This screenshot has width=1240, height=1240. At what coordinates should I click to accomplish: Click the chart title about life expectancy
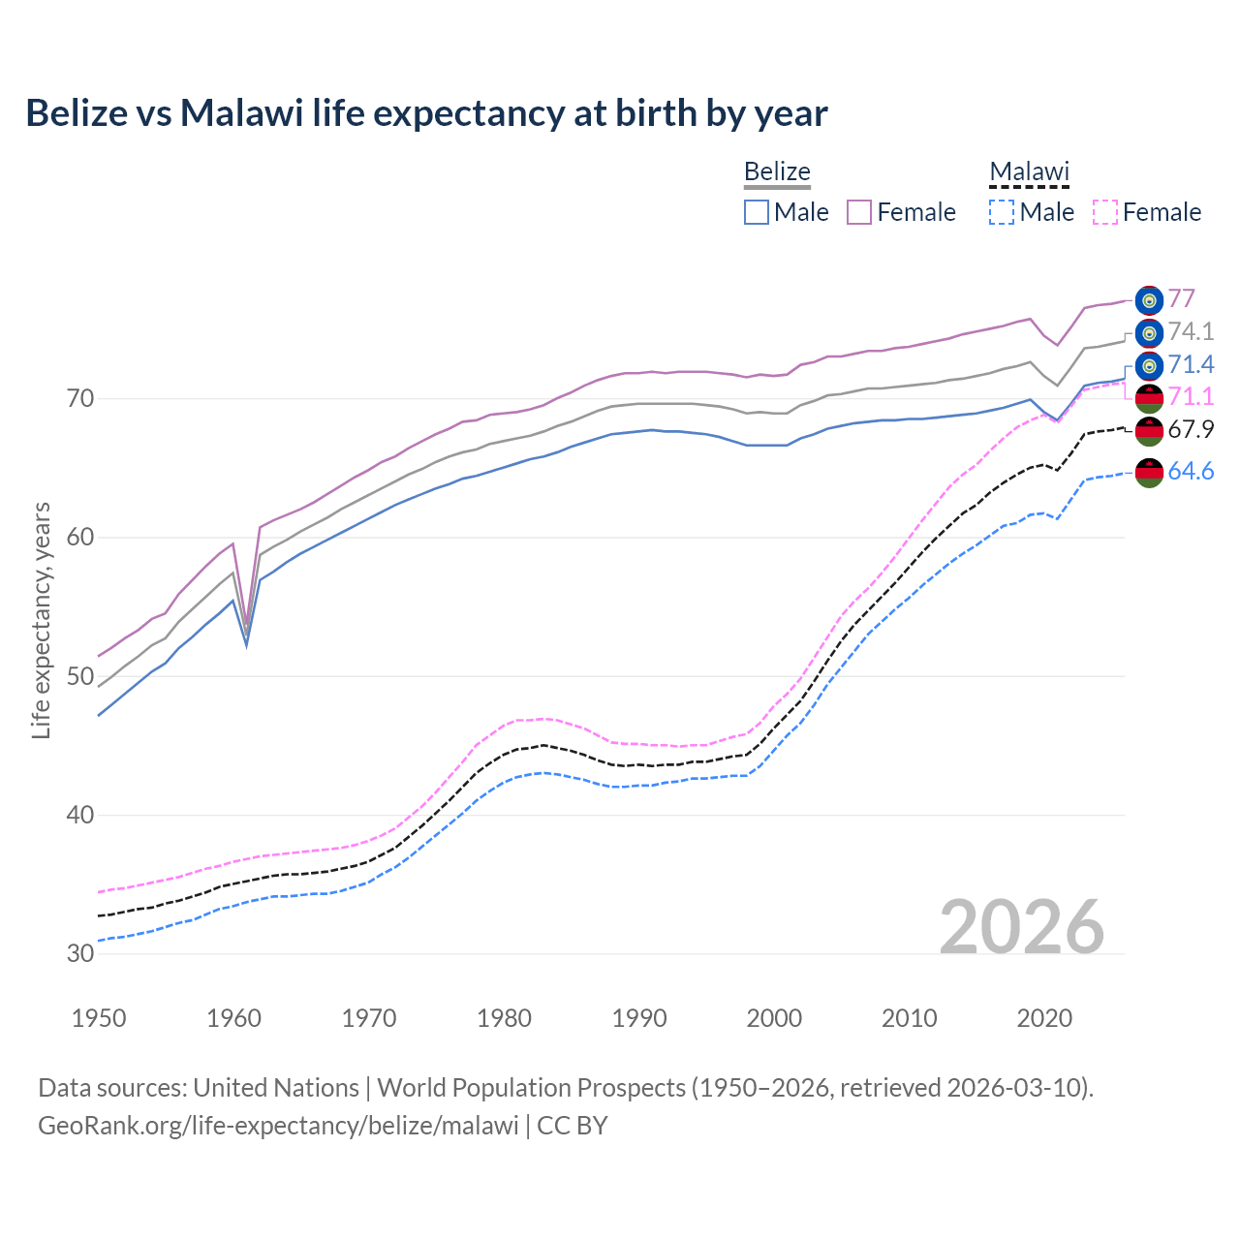(426, 113)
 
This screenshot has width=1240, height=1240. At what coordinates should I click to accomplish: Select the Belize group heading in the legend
(777, 171)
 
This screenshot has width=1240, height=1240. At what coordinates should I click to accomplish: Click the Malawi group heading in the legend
(1029, 171)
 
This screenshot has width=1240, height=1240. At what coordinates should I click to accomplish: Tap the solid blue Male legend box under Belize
(757, 212)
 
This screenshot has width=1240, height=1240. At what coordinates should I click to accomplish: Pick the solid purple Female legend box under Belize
(859, 212)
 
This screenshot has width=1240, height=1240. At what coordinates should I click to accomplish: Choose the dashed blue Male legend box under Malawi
(1002, 212)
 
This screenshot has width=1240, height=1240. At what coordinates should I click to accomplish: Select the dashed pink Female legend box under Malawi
(1105, 212)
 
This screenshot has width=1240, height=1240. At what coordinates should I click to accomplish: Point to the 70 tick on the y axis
(80, 398)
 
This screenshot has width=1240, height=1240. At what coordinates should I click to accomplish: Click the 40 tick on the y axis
(80, 815)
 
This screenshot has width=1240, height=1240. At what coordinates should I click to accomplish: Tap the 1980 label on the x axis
(504, 1018)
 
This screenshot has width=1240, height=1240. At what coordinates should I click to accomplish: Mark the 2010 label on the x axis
(909, 1018)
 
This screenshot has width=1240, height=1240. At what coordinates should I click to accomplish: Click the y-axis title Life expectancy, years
(41, 620)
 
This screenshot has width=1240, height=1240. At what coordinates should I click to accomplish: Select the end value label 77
(1181, 298)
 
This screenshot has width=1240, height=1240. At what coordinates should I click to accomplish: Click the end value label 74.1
(1191, 331)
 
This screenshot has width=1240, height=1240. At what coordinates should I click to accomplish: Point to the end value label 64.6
(1191, 472)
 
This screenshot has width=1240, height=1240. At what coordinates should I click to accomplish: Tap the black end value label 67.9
(1191, 429)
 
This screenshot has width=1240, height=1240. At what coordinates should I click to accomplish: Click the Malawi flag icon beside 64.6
(1149, 473)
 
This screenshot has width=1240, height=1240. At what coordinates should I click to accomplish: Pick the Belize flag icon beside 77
(1149, 300)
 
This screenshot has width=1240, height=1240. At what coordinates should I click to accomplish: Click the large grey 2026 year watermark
(1021, 927)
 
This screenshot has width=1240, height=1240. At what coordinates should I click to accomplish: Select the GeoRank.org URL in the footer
(278, 1126)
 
